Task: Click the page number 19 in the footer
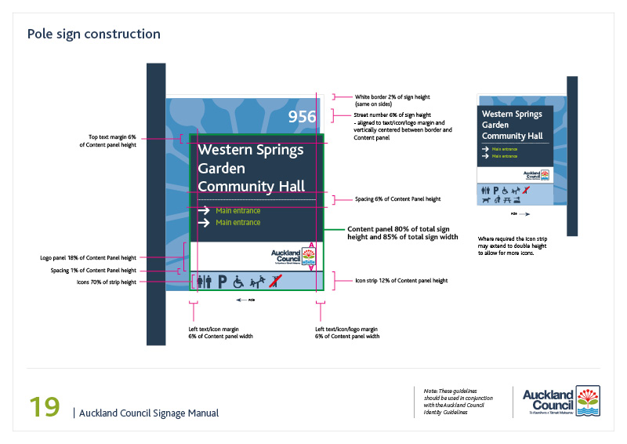(44, 407)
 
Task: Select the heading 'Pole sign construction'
(93, 34)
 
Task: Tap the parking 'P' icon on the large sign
(222, 280)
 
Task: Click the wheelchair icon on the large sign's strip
(237, 280)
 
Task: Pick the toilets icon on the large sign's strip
(205, 280)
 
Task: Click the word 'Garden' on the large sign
(221, 168)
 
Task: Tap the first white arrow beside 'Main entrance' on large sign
(204, 210)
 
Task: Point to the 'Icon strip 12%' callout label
(401, 280)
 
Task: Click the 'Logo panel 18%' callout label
(89, 257)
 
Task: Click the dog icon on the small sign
(487, 200)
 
